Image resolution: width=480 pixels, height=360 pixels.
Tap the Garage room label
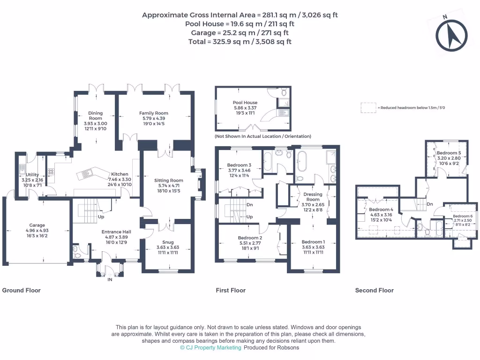[37, 225]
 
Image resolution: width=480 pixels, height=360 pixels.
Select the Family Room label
[153, 113]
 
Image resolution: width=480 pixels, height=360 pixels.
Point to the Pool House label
[245, 103]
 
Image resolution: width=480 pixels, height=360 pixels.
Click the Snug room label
[167, 242]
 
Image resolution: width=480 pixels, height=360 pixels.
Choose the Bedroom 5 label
[449, 153]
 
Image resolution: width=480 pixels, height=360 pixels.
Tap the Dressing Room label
[313, 197]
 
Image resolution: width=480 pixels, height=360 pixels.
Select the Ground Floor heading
[22, 291]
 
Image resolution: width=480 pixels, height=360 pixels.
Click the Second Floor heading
[374, 291]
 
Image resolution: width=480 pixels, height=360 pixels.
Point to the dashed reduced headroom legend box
[368, 108]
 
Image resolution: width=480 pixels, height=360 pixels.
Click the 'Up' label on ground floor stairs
[101, 217]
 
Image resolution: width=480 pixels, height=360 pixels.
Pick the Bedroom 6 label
[462, 216]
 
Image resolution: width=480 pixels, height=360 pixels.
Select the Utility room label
[32, 175]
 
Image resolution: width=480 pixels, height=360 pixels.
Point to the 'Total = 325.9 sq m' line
[240, 41]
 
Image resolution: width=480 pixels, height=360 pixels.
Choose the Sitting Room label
[169, 180]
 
